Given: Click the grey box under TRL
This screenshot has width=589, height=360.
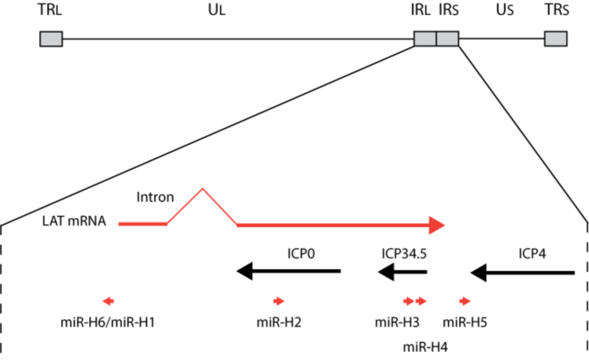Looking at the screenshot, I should click(x=51, y=39).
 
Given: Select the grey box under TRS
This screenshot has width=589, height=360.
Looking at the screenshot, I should click(x=555, y=39).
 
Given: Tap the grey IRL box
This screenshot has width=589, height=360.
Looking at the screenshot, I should click(x=425, y=39).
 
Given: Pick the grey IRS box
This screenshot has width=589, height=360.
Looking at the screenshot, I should click(x=447, y=39).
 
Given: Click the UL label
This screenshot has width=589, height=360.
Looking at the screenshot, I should click(x=216, y=12).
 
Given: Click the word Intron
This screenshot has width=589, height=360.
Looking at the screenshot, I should click(x=155, y=197).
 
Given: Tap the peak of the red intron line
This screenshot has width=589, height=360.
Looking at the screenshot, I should click(x=202, y=189).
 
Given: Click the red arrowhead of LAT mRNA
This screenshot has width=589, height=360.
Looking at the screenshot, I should click(x=438, y=224).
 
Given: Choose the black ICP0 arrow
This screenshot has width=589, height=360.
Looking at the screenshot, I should click(x=289, y=271).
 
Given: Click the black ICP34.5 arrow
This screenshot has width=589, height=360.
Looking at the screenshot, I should click(x=402, y=271).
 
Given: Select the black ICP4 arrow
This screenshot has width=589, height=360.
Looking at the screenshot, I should click(x=522, y=271).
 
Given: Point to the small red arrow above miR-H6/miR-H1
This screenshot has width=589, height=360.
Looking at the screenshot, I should click(x=108, y=301).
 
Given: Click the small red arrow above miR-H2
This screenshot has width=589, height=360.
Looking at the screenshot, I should click(x=279, y=301).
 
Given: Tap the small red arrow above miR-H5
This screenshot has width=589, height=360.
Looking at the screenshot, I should click(x=465, y=301).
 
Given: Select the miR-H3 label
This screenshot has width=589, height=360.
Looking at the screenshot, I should click(x=396, y=323).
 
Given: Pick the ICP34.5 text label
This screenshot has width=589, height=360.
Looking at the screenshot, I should click(x=404, y=254).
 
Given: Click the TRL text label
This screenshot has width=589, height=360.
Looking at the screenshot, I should click(x=51, y=12).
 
